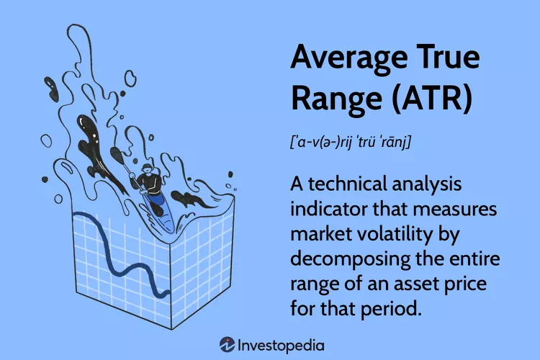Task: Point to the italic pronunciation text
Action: point(350,141)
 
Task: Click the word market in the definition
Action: point(321,234)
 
